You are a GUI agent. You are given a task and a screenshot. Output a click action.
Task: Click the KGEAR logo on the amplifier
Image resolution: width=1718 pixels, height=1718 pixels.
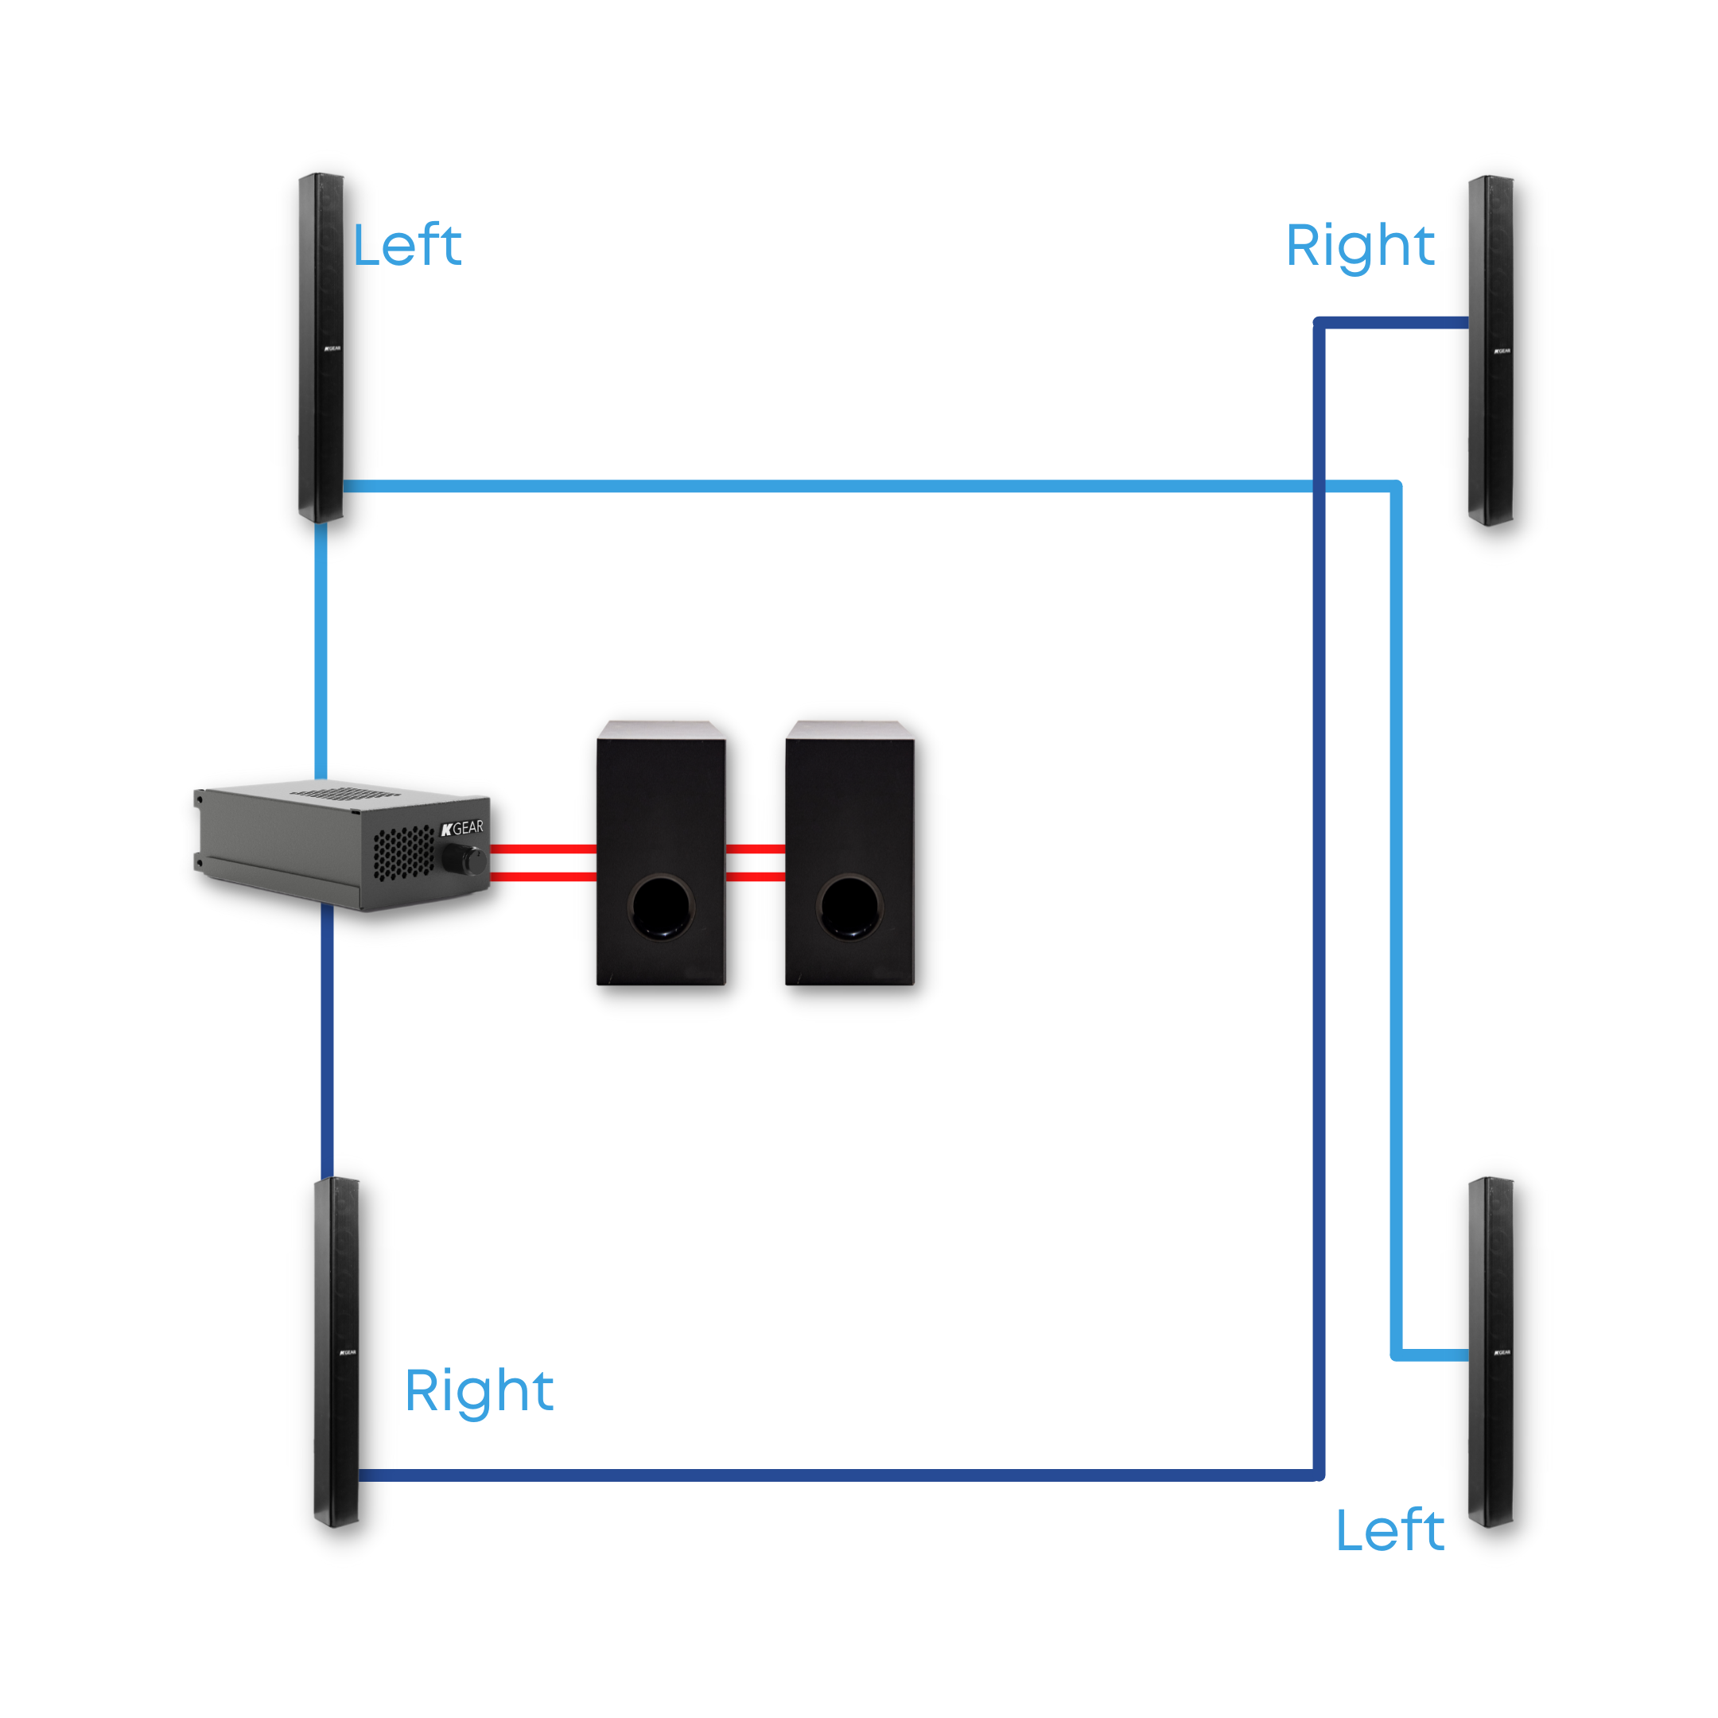coord(462,829)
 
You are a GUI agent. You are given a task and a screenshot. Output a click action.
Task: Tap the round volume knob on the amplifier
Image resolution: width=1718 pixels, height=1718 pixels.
coord(462,860)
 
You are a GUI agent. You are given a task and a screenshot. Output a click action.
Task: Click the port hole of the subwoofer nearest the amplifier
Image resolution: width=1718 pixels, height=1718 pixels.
coord(661,906)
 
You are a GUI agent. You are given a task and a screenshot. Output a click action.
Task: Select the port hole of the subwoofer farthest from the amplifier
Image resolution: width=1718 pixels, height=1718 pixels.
coord(849,906)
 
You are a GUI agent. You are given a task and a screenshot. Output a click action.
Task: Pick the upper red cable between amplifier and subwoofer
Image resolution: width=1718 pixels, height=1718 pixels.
coord(542,849)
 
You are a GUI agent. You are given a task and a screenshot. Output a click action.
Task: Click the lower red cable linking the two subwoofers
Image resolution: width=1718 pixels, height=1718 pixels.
coord(755,876)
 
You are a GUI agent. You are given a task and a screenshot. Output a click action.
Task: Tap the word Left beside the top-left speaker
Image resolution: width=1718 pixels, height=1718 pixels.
coord(407,246)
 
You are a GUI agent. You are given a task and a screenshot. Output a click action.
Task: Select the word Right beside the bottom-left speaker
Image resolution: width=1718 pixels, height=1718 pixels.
coord(478,1391)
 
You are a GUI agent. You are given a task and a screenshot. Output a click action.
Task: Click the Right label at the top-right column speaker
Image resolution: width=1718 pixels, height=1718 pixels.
coord(1359,246)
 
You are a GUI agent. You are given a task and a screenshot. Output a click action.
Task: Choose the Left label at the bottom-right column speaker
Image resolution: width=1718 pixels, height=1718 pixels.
coord(1390,1530)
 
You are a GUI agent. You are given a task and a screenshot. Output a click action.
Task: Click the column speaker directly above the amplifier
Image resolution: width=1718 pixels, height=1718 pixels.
coord(321,348)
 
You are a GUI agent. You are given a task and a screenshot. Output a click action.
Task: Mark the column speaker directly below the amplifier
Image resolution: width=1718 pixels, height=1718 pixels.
coord(336,1352)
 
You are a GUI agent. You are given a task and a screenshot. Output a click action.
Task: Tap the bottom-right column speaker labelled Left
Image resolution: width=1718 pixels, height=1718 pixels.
coord(1491,1352)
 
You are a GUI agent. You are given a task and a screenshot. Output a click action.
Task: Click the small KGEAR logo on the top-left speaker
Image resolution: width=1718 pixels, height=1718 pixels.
coord(332,348)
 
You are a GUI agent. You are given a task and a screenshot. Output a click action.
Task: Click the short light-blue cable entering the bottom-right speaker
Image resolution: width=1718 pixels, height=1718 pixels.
coord(1432,1355)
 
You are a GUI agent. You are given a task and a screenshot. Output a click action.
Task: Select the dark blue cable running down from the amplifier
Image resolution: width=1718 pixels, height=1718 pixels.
coord(327,1040)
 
